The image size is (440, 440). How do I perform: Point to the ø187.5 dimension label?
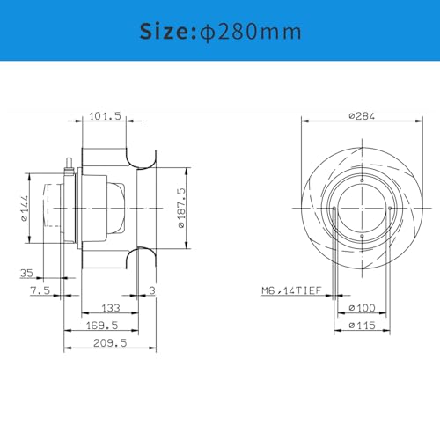pos(181,208)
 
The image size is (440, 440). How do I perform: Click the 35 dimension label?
pos(26,273)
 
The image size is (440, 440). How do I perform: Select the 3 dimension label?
pos(152,290)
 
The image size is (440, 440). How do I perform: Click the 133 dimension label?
pos(110,308)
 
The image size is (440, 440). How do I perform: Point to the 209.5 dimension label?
pos(110,343)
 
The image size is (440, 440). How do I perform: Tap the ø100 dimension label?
pos(363,308)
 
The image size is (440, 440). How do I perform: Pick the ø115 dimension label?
pos(363,326)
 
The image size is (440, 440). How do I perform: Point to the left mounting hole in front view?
pos(332,208)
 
